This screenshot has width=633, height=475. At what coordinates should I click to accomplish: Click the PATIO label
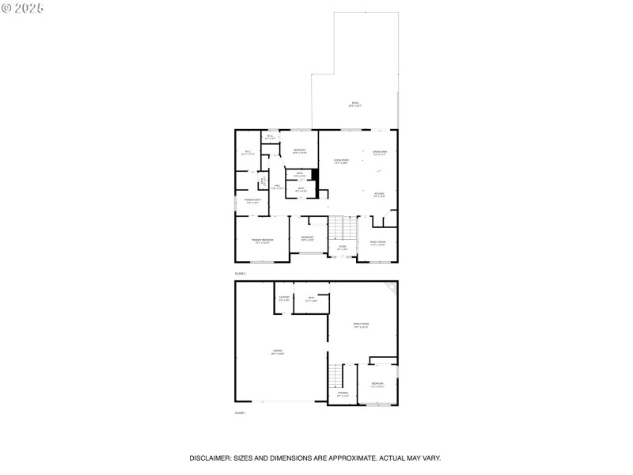click(x=354, y=104)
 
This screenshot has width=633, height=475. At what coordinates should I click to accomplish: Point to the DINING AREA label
click(x=380, y=152)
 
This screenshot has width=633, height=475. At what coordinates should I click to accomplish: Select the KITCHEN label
click(x=379, y=194)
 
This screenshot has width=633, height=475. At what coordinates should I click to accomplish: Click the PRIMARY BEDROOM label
click(x=262, y=240)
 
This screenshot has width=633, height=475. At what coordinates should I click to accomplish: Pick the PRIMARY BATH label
click(x=252, y=201)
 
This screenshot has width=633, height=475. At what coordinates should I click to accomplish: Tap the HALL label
click(x=277, y=187)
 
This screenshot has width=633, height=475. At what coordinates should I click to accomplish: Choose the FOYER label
click(x=342, y=247)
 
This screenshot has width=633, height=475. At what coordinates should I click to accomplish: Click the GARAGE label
click(x=278, y=351)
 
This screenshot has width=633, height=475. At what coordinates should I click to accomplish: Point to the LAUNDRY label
click(x=284, y=298)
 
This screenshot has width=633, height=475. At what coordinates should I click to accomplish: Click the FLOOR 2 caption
click(x=240, y=273)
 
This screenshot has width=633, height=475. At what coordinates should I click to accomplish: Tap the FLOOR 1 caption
click(x=240, y=413)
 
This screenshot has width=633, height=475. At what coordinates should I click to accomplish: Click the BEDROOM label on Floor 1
click(x=377, y=385)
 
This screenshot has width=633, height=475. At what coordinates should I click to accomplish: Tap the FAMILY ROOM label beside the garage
click(x=361, y=325)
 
